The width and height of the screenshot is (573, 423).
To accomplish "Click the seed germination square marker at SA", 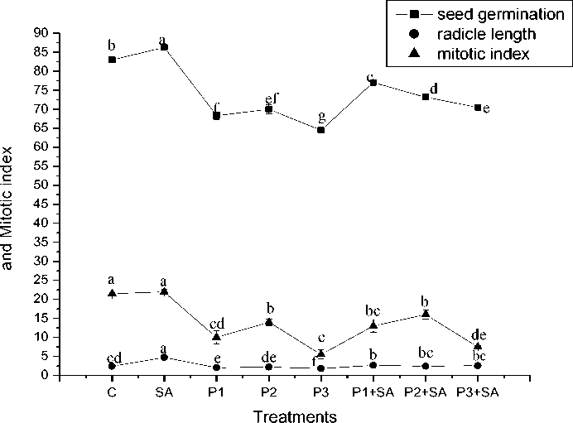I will (164, 46).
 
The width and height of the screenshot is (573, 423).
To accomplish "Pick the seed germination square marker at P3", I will (320, 130).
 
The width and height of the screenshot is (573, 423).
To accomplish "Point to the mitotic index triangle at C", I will (112, 293).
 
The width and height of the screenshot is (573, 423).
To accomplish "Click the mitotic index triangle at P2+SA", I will (426, 314).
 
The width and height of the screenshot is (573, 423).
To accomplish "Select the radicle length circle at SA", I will (164, 358).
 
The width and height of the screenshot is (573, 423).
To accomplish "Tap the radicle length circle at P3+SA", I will (478, 365).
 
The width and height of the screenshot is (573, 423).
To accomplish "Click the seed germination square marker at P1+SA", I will (373, 83).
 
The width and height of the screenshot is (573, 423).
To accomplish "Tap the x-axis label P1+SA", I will (373, 392).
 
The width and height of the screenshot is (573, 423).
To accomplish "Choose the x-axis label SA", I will (164, 392).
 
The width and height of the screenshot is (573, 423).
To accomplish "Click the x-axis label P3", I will (320, 392).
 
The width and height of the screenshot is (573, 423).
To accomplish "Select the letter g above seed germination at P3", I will (320, 117).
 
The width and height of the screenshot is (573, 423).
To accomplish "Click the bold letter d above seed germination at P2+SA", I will (433, 89).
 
